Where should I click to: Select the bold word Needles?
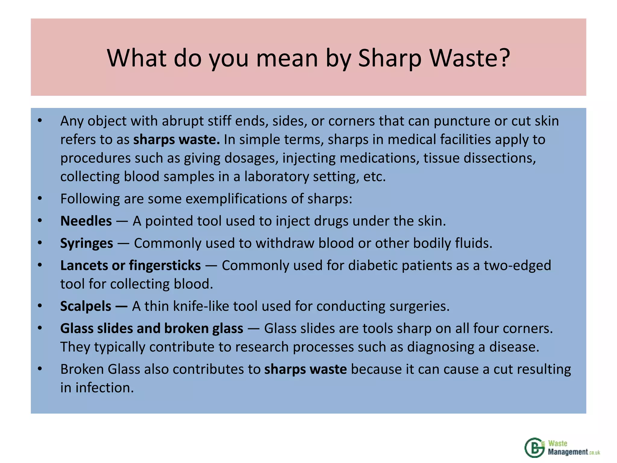coord(86,221)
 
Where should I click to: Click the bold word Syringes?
coord(86,243)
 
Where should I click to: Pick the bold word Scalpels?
coord(86,306)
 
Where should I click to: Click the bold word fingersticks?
coord(165,266)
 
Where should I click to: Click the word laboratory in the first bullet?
coord(276,177)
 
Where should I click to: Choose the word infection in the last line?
coord(104,388)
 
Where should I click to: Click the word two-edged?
coord(517,266)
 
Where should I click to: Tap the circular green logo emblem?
coord(534,448)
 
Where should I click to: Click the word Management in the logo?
coord(568,452)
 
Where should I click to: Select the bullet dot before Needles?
coord(40,221)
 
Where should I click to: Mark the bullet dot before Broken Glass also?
coord(40,369)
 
